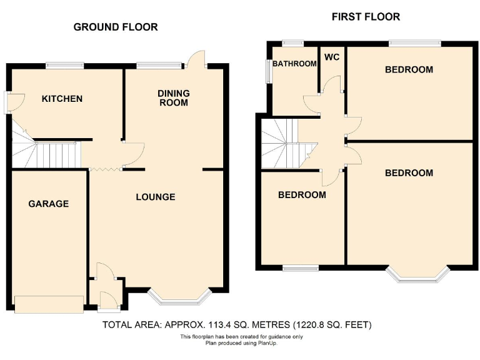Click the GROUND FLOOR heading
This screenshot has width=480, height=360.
point(116,27)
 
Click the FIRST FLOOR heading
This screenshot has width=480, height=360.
point(366,17)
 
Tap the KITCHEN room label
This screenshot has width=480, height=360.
point(62,99)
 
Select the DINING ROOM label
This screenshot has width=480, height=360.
point(173,98)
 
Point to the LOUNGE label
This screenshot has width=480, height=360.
point(156,197)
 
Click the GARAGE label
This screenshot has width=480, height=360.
point(48,204)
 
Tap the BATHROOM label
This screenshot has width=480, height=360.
point(294,64)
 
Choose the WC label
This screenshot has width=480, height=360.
point(331,57)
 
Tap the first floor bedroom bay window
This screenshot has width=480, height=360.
point(417,276)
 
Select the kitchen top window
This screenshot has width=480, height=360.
point(65,64)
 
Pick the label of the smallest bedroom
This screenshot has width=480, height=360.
point(302,195)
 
